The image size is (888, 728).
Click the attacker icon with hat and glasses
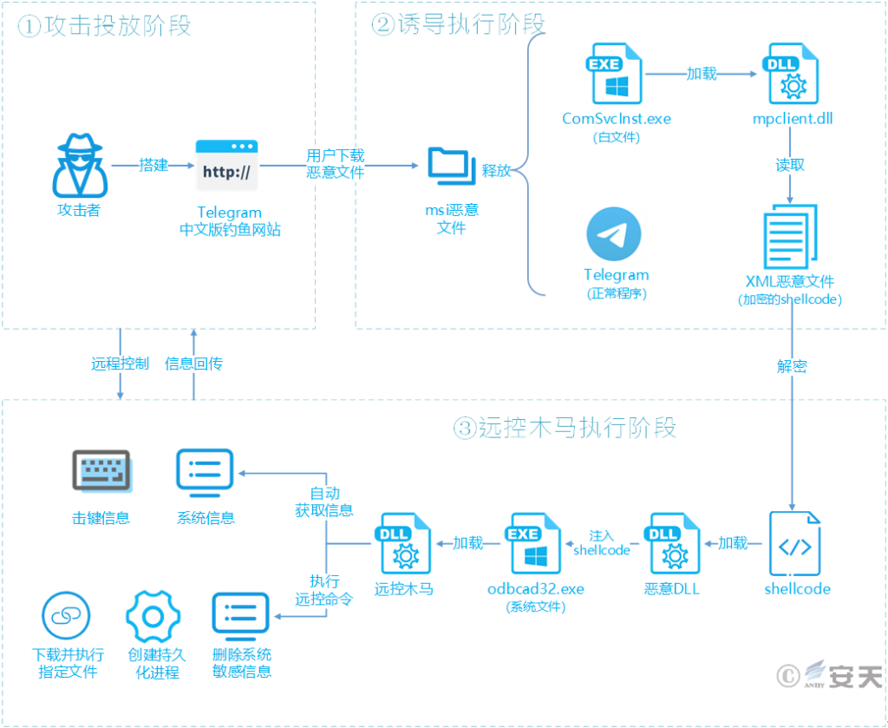79,166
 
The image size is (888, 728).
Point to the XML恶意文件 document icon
788,236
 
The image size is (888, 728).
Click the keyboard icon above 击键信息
101,474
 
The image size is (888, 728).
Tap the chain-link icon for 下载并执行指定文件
67,616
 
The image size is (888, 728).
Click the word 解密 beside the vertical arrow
791,366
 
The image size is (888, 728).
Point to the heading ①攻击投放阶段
105,26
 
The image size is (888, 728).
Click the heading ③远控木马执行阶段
565,427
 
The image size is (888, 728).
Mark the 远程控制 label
120,364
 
